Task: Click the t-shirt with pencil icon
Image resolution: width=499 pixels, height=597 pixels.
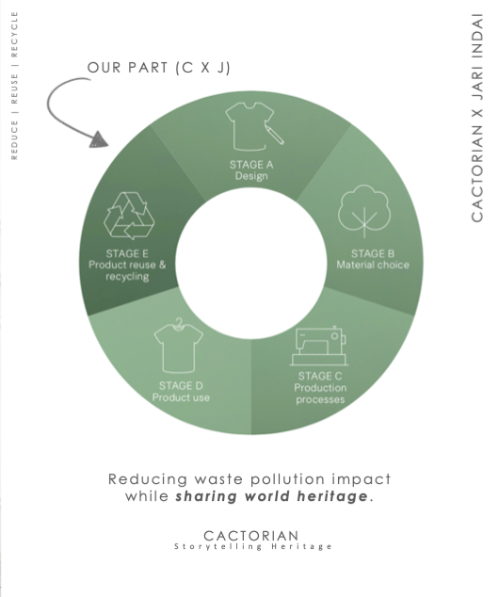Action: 254,126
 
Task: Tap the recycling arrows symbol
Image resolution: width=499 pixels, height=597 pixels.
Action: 129,216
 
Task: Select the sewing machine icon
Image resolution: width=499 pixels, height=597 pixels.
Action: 318,346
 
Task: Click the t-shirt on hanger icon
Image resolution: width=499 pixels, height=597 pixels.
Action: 179,345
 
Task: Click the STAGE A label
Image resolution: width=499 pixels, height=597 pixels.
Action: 251,165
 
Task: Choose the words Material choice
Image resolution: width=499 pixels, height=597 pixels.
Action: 373,265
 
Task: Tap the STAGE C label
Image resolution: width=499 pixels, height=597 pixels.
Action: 320,376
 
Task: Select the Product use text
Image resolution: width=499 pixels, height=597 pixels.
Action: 181,397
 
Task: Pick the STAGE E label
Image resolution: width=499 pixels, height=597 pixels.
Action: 127,253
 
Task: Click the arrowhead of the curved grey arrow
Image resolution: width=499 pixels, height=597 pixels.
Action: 99,139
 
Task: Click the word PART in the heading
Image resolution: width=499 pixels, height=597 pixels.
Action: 148,68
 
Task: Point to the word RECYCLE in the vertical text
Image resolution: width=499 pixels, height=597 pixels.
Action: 14,34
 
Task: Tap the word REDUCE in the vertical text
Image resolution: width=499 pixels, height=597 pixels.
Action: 14,139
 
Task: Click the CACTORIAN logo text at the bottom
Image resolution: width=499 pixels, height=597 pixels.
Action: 251,536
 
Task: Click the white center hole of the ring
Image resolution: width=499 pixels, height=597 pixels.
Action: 251,263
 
